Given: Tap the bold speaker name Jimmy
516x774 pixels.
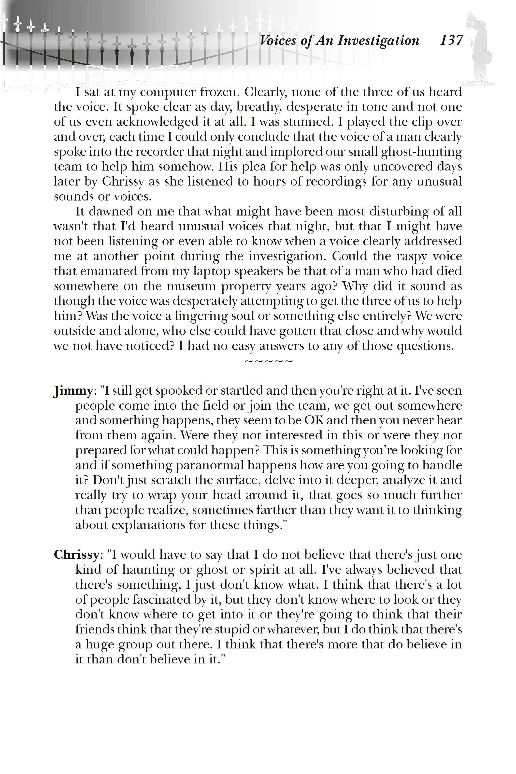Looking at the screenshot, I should (x=73, y=391).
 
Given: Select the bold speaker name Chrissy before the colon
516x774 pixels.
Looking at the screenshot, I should (x=76, y=555).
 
